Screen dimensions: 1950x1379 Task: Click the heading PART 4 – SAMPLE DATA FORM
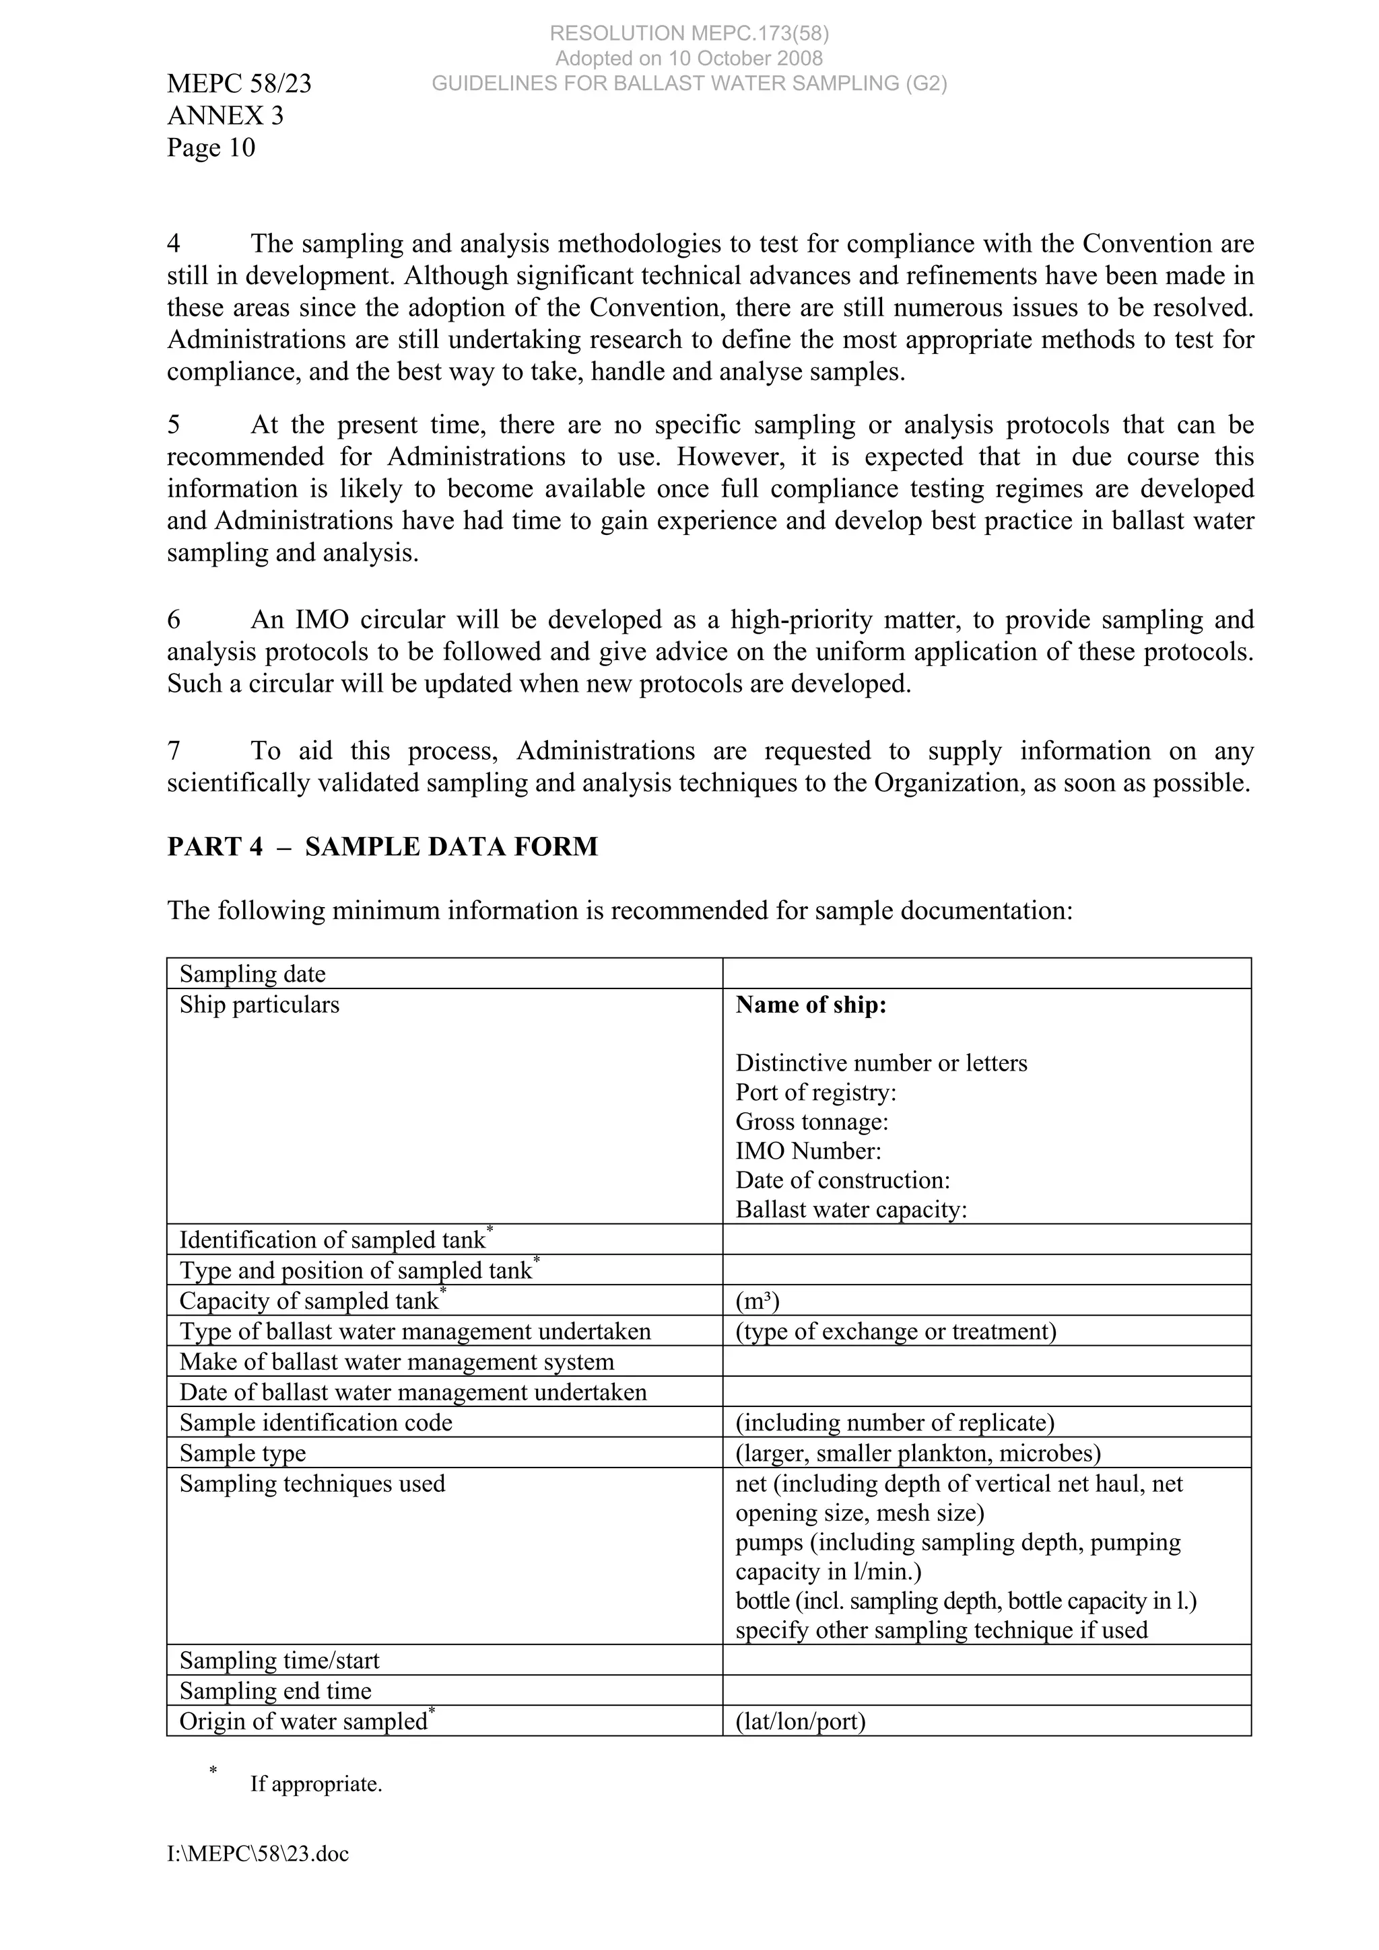[382, 846]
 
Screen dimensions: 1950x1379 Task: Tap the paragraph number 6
[174, 620]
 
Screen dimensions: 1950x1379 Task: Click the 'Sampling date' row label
[253, 974]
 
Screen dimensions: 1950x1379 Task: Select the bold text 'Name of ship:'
[811, 1005]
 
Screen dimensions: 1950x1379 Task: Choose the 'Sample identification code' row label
[315, 1422]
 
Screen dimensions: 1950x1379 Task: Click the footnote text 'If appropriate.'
[316, 1784]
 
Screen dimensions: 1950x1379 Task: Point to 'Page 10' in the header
[211, 148]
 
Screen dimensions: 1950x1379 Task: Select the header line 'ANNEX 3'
[225, 116]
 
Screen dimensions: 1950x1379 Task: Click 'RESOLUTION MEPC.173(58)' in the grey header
[689, 33]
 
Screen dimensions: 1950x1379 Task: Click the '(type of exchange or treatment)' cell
[896, 1331]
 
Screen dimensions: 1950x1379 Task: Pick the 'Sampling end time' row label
[275, 1691]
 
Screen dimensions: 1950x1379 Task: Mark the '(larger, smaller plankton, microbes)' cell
[918, 1453]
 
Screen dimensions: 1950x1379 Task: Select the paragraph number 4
[174, 244]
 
